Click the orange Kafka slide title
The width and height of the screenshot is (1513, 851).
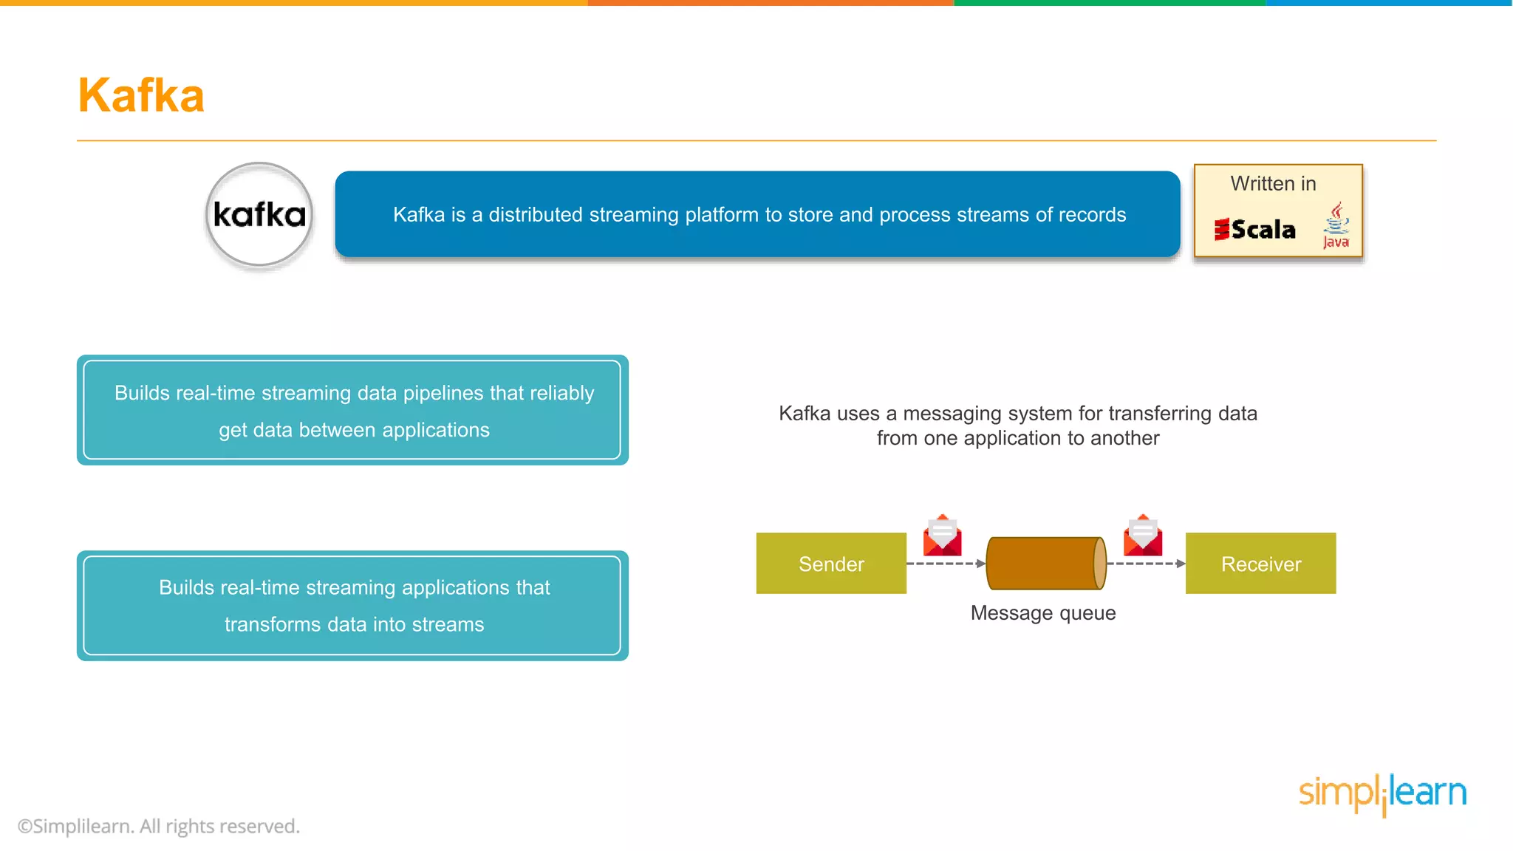click(141, 96)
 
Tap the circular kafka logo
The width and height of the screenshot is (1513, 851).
click(259, 215)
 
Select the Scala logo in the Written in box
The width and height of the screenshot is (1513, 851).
click(1255, 230)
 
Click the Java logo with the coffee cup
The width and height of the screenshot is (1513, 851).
click(1336, 226)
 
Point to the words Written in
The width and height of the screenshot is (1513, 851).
click(1273, 184)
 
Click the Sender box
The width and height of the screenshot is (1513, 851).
click(831, 564)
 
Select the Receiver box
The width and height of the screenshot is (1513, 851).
click(1260, 564)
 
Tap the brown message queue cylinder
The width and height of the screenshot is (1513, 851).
click(1045, 564)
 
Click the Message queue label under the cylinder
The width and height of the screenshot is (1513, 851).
click(1043, 613)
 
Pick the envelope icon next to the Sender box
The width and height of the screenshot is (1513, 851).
click(942, 536)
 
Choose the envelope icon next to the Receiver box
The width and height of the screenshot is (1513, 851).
click(1143, 536)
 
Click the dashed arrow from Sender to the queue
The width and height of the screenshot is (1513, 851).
click(946, 564)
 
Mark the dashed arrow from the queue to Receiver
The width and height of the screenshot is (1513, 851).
click(1146, 564)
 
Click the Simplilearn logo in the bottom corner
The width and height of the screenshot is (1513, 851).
click(1382, 794)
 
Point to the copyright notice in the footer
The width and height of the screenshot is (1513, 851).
click(159, 826)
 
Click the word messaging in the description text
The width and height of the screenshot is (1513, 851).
click(948, 414)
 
